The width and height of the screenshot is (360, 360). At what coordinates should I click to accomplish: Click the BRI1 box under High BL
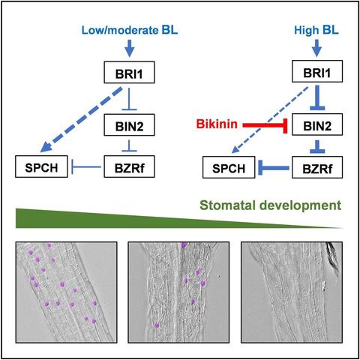314,73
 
